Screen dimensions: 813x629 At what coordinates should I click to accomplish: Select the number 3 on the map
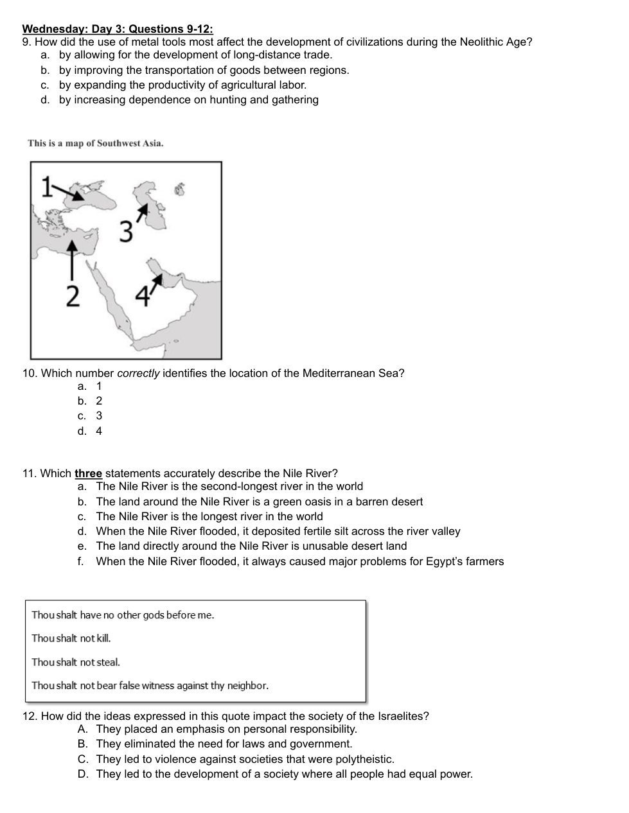coord(127,231)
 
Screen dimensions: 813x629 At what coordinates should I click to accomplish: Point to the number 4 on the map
coord(143,296)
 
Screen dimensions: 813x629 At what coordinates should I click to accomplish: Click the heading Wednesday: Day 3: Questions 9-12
coord(118,29)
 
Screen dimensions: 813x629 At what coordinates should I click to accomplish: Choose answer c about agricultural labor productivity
coord(182,85)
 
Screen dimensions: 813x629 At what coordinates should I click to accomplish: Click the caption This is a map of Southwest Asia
coord(96,143)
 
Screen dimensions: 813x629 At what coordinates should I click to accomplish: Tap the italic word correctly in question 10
coord(138,374)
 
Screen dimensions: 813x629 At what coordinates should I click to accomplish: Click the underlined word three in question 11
coord(88,474)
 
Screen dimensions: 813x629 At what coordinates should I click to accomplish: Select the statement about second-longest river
coord(229,487)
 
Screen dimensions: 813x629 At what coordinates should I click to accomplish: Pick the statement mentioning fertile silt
coord(278,531)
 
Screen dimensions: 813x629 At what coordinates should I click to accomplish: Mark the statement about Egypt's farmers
coord(299,561)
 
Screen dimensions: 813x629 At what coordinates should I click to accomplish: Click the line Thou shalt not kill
coord(71,638)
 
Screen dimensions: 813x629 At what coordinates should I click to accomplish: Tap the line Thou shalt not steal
coord(76,662)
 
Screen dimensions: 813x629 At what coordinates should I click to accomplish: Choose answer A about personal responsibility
coord(226,730)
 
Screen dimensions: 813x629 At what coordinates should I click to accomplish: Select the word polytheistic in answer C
coord(362,760)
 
